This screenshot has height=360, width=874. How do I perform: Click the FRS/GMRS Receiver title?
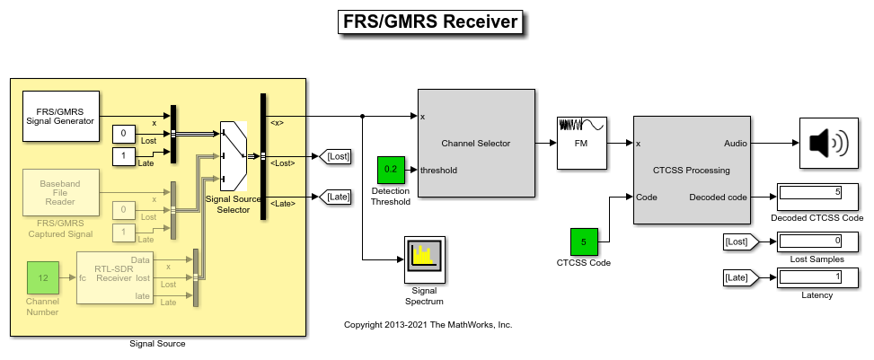click(x=430, y=22)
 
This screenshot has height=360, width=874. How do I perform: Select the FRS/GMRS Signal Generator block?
click(x=60, y=116)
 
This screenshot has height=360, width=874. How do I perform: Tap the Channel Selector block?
click(x=476, y=143)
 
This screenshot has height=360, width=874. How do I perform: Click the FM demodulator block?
click(x=580, y=143)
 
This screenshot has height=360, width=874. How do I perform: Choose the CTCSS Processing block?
click(x=691, y=169)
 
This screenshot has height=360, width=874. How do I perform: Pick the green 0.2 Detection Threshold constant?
click(x=391, y=169)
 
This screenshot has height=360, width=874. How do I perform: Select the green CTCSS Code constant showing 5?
click(x=584, y=241)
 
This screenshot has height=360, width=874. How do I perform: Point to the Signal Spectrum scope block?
click(x=424, y=259)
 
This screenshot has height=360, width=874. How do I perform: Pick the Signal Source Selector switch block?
click(x=234, y=150)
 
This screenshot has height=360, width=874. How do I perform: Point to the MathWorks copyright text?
click(x=428, y=325)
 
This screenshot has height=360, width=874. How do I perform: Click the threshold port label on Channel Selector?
click(x=439, y=169)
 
